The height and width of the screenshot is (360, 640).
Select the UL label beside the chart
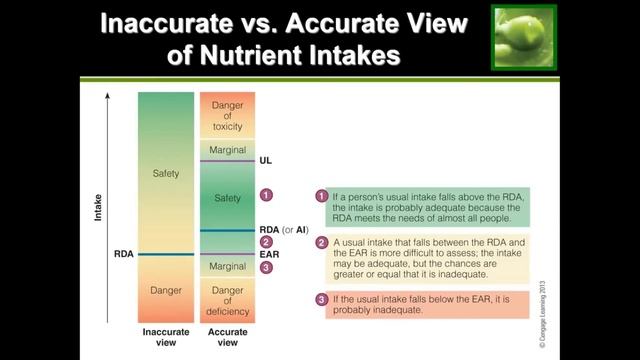[265, 160]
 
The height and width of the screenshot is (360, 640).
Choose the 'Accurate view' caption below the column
[228, 336]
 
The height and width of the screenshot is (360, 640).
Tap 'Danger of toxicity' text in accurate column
[228, 116]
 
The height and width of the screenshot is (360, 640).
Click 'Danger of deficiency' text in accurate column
[228, 300]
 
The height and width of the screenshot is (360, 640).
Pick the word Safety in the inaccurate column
[165, 174]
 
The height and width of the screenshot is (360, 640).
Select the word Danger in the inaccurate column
[165, 290]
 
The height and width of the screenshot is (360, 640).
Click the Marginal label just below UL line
[228, 150]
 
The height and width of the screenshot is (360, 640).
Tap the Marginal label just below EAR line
[228, 267]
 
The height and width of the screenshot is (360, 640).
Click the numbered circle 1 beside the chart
[266, 194]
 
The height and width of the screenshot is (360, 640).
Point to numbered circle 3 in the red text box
[322, 299]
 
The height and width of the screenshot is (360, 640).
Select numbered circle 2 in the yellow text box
[322, 243]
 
